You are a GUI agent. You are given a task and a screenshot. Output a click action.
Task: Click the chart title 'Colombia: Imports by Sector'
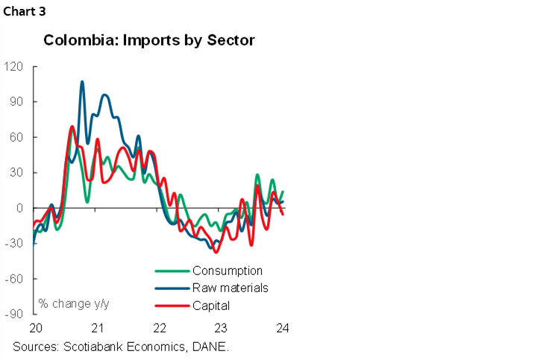148,40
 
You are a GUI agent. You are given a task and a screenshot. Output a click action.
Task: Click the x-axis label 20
35,328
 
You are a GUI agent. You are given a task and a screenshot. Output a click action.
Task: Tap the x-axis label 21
97,328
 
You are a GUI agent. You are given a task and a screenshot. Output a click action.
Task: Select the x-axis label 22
159,328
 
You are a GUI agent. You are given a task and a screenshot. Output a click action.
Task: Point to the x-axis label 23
221,328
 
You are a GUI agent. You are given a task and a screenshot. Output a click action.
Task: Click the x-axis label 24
283,328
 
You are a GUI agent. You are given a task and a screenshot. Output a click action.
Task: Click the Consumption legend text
228,271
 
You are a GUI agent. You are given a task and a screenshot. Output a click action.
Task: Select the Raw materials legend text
230,288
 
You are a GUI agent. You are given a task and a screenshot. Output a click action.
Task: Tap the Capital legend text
211,305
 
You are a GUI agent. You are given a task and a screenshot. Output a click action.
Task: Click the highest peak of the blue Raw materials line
82,81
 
